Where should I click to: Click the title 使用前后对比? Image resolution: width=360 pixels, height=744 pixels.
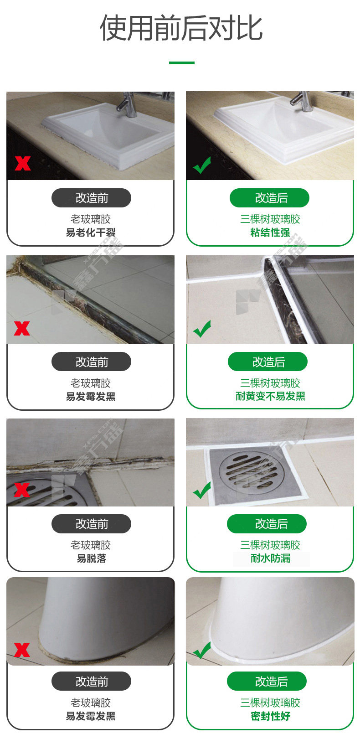[x=181, y=28]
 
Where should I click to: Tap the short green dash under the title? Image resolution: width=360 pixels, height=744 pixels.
[x=182, y=63]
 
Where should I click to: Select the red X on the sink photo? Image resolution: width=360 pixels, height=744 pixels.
[x=23, y=163]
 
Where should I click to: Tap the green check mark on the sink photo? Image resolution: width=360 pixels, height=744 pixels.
[x=202, y=165]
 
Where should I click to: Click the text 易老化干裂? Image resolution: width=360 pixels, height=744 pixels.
[x=91, y=232]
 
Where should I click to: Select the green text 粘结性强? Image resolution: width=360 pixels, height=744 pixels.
[x=270, y=232]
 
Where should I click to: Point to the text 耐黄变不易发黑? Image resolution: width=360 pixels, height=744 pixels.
[x=270, y=396]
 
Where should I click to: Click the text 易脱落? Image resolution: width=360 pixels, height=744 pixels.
[x=91, y=558]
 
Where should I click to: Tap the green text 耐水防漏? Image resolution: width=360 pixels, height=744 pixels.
[x=270, y=558]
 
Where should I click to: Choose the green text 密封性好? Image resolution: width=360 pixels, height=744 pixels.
[x=270, y=716]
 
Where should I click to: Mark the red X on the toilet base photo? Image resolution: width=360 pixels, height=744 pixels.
[x=22, y=650]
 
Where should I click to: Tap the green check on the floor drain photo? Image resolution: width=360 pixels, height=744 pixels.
[x=202, y=490]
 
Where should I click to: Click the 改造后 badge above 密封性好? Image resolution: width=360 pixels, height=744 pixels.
[x=267, y=681]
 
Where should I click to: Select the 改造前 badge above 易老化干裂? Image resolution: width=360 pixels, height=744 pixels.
[x=91, y=198]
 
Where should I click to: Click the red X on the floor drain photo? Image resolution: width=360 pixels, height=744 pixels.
[x=22, y=490]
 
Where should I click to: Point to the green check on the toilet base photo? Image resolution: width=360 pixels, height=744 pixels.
[x=202, y=651]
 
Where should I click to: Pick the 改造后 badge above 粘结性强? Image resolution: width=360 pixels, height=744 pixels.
[x=269, y=198]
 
